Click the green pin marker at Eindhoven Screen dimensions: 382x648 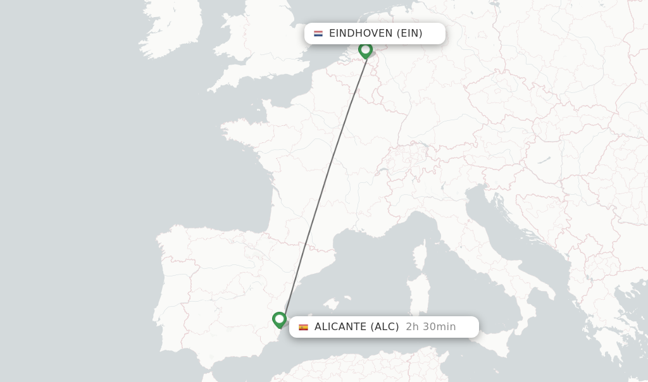[x=365, y=49]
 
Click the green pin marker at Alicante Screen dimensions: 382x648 [x=279, y=319]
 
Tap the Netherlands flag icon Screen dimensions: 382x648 [x=318, y=34]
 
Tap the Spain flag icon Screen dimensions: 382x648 [x=304, y=327]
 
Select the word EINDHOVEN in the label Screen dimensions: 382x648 [x=361, y=34]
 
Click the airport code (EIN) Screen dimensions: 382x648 [x=409, y=34]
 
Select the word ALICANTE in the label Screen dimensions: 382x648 [x=340, y=327]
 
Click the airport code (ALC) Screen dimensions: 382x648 [x=385, y=327]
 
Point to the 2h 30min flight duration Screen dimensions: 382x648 [x=431, y=327]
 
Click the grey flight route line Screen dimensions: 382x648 [x=323, y=183]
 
